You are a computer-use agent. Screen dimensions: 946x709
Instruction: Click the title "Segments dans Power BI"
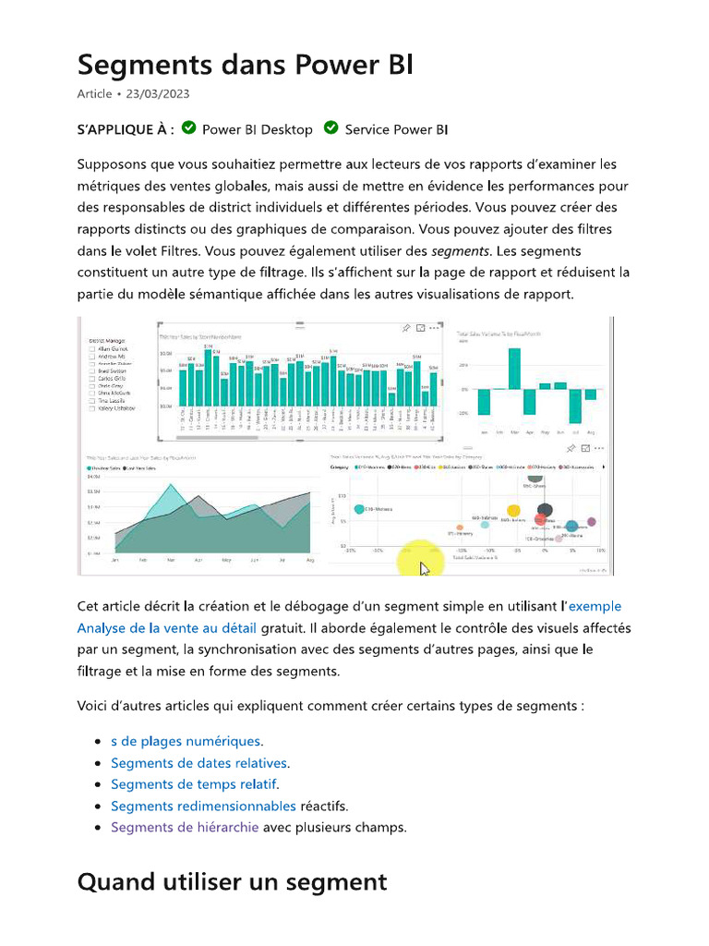[x=245, y=66]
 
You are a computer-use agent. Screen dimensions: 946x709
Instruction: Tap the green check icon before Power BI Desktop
[x=188, y=128]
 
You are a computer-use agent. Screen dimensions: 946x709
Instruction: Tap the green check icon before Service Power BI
[x=330, y=128]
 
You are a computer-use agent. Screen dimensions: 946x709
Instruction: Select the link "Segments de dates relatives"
[x=199, y=763]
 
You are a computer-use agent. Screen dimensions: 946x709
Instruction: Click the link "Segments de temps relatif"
[x=194, y=784]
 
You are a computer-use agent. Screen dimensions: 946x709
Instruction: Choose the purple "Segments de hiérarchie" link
[x=185, y=827]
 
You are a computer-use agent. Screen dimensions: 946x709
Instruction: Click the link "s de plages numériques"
[x=186, y=741]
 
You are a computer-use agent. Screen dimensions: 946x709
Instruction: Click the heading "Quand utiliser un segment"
[x=232, y=882]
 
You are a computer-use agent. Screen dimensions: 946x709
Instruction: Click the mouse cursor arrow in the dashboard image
[x=424, y=567]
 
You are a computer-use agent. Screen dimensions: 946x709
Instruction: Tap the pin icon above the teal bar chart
[x=405, y=328]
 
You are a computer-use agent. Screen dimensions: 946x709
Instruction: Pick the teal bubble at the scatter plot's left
[x=359, y=509]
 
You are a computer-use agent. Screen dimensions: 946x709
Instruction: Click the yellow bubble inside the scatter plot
[x=513, y=510]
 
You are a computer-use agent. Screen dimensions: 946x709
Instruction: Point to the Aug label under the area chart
[x=310, y=561]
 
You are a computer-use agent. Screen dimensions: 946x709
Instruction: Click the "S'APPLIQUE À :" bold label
[x=126, y=129]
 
